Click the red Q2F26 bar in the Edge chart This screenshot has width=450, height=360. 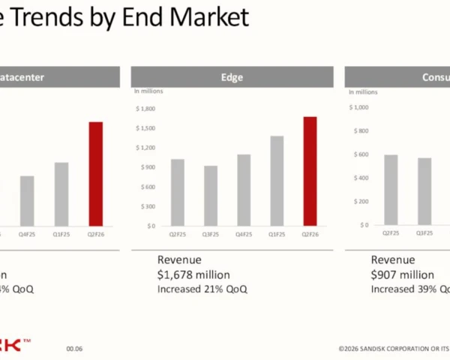tap(310, 171)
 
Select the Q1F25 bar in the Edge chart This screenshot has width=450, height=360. tap(277, 181)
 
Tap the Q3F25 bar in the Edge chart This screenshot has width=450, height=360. tap(211, 196)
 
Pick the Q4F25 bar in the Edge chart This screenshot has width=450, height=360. tap(244, 190)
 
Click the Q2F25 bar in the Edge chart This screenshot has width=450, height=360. tap(178, 192)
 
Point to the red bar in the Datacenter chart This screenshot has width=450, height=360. tap(95, 173)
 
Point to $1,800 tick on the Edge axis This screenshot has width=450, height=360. tap(145, 109)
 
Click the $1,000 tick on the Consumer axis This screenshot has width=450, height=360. tap(360, 107)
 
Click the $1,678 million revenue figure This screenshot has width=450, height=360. tap(193, 274)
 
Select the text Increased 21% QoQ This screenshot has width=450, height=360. tap(202, 289)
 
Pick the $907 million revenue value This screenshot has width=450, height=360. tap(403, 274)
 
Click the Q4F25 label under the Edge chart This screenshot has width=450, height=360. tap(244, 234)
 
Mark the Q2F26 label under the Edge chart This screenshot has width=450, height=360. tap(310, 234)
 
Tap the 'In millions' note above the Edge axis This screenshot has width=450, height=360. tap(148, 91)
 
